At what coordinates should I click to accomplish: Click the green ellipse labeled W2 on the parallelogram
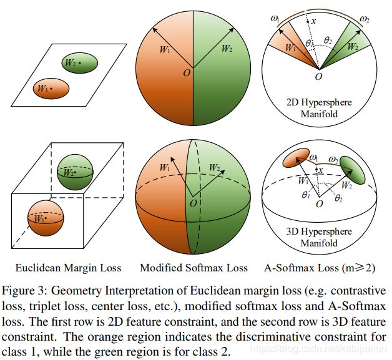click(80, 64)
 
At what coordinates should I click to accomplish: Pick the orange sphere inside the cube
click(46, 218)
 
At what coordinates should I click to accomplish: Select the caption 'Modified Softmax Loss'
click(194, 268)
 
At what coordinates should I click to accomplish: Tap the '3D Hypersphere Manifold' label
click(319, 238)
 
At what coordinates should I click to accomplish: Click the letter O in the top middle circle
click(185, 74)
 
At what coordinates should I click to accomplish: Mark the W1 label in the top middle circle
click(164, 50)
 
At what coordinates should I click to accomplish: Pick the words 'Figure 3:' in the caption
click(26, 291)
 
